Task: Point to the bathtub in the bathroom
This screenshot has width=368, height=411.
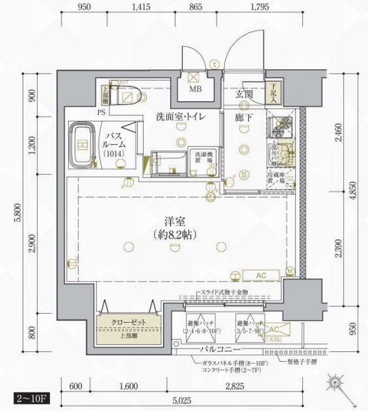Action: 82,145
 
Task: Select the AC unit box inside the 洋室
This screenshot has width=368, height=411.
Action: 261,276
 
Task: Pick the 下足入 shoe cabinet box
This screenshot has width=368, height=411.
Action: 274,93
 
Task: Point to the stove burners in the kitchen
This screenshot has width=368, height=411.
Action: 281,127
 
